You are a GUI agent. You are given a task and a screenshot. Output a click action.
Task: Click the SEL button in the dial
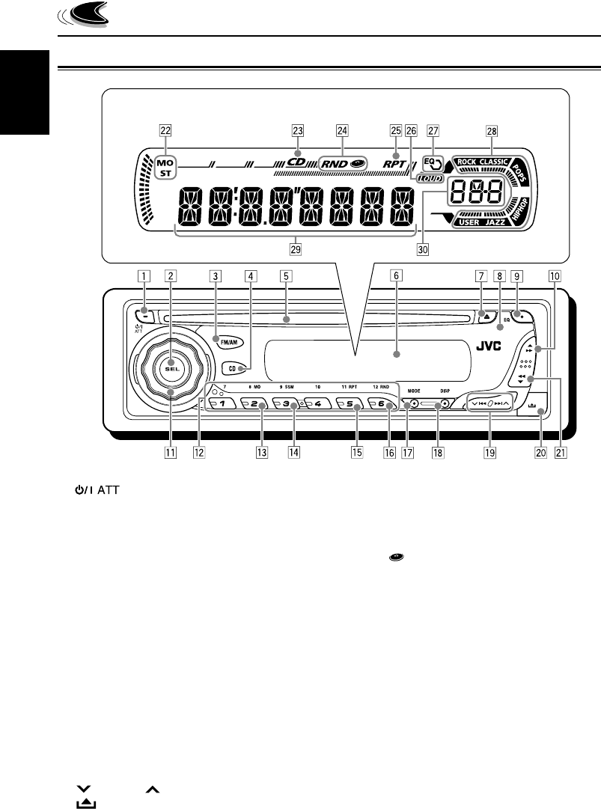tap(171, 352)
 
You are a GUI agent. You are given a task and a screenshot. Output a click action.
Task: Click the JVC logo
tap(488, 347)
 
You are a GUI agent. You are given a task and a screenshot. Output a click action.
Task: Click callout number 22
tap(165, 129)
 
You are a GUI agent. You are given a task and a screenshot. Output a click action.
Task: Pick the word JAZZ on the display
tap(494, 222)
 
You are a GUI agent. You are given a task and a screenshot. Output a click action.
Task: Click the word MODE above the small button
tap(415, 390)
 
